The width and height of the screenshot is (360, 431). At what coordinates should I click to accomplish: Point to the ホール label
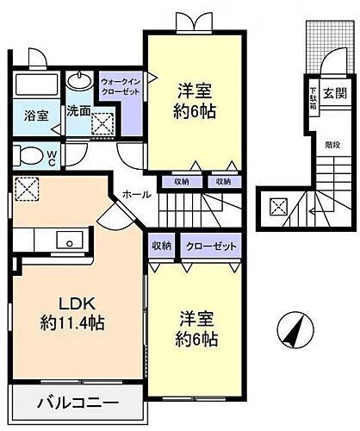133,195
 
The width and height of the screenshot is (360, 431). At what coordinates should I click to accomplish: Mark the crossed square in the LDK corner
26,188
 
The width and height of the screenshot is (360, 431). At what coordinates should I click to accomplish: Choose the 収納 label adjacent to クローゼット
163,246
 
